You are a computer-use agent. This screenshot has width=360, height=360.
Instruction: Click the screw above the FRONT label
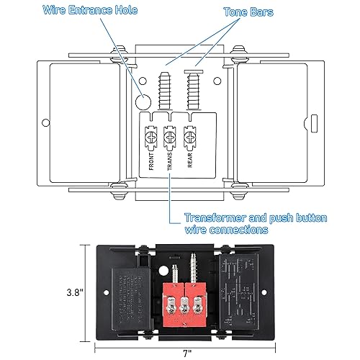click(x=152, y=134)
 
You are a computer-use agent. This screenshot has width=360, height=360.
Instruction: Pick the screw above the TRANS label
click(x=171, y=134)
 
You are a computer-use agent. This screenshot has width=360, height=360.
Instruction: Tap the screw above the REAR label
click(x=191, y=134)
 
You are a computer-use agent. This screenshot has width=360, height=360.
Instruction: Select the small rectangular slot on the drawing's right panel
click(x=314, y=120)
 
